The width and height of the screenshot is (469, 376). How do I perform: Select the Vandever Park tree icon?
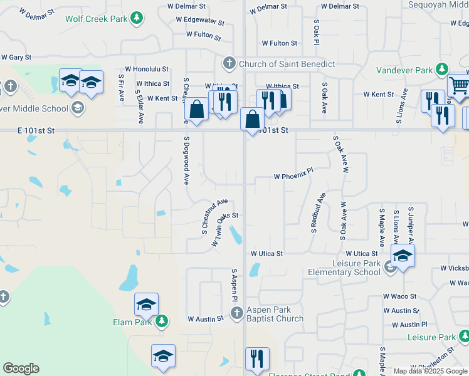(x=443, y=68)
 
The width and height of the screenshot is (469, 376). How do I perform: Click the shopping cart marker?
(x=460, y=85)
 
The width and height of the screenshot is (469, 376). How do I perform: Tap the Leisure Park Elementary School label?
(x=344, y=268)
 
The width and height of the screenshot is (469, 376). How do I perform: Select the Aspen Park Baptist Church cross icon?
(x=236, y=314)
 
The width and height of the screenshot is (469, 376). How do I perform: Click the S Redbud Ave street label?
(x=319, y=212)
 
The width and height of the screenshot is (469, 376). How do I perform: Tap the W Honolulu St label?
(x=147, y=69)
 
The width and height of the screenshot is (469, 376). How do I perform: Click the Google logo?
(x=21, y=368)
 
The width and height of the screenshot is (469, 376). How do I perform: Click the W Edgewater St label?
(x=196, y=21)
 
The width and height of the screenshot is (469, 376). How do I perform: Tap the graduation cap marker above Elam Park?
(x=146, y=305)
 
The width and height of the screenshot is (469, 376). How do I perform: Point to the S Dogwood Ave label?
(x=186, y=160)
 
